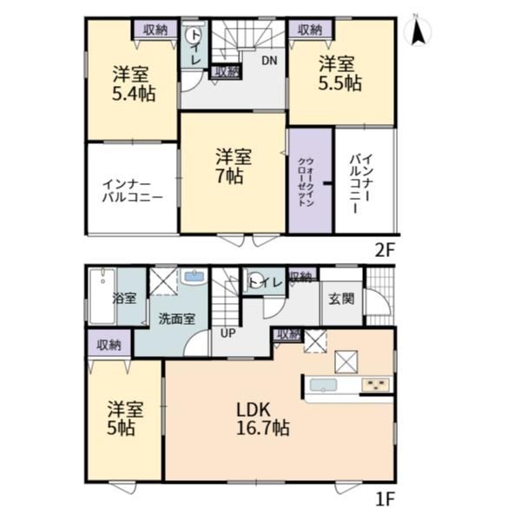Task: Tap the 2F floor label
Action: point(385,251)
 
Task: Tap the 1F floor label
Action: point(385,499)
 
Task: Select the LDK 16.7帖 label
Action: point(262,419)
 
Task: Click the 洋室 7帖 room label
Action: point(233,166)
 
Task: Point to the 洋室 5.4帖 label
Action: point(133,83)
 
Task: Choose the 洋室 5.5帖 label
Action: point(339,74)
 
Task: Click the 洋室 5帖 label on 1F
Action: point(125,419)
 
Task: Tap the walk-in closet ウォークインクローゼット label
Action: point(306,182)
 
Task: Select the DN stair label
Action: point(269,61)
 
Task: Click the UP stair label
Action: point(228,333)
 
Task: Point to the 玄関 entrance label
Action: point(341,299)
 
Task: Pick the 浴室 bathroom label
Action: point(124,298)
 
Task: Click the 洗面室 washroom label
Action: point(176,319)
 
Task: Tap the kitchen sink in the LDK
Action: point(323,385)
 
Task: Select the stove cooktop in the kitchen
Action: point(376,385)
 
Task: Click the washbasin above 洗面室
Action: point(194,277)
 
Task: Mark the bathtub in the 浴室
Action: point(102,296)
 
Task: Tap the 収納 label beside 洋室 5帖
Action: point(109,346)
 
